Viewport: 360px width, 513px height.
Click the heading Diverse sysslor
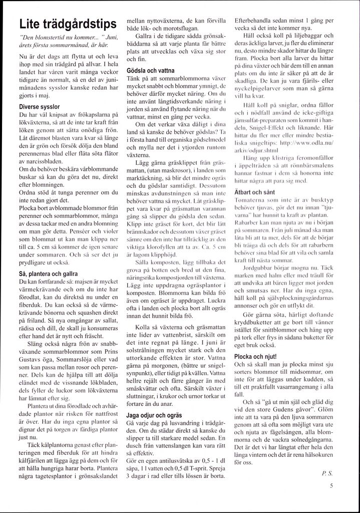tap(40, 107)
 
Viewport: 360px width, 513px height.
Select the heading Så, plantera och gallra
tap(48, 274)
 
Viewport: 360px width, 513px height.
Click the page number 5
tap(331, 485)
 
